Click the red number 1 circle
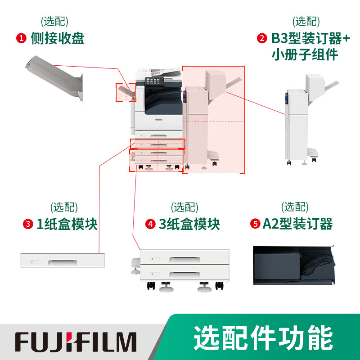(21, 38)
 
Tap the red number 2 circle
(262, 38)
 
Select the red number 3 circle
(28, 224)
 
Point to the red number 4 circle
(150, 224)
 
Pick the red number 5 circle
(255, 224)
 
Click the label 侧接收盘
(58, 38)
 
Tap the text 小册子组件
(305, 54)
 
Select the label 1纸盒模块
(67, 224)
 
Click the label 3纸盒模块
(189, 224)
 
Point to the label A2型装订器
(297, 224)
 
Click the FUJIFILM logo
(76, 342)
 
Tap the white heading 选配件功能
(263, 338)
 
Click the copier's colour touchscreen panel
(154, 82)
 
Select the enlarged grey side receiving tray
(54, 78)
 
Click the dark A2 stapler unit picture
(294, 265)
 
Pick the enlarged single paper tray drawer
(63, 260)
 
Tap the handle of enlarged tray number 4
(185, 274)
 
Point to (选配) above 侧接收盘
(54, 21)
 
